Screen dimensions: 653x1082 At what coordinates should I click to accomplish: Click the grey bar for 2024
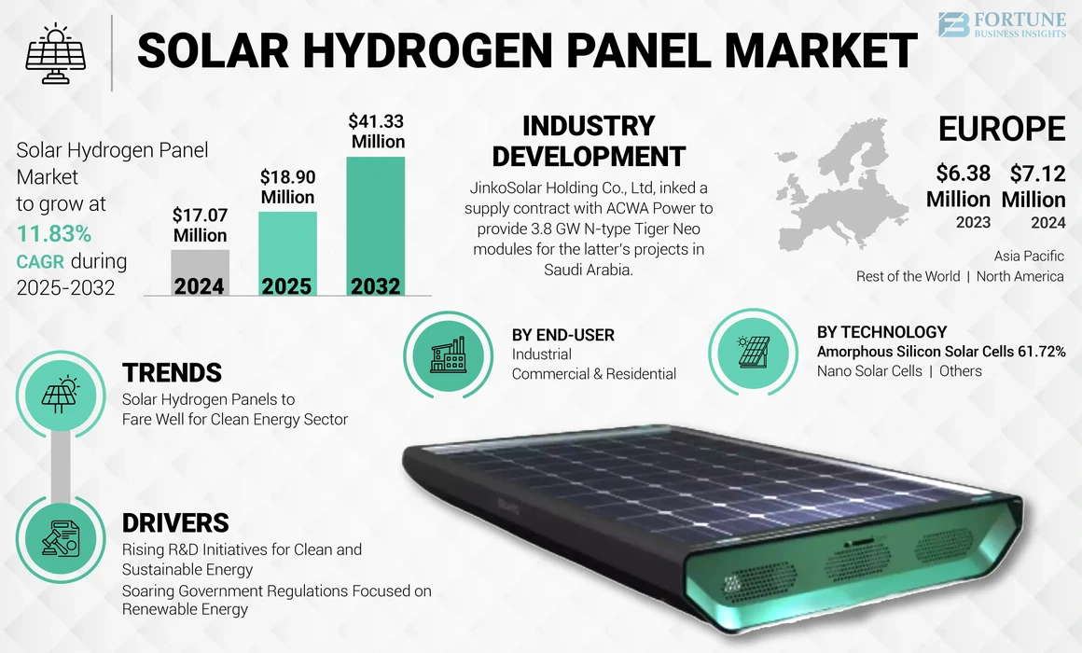tap(200, 272)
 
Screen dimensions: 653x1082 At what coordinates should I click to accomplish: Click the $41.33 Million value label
tap(377, 132)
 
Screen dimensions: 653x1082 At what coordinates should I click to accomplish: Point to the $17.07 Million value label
tap(200, 225)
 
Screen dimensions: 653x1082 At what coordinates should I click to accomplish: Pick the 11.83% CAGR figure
tap(53, 233)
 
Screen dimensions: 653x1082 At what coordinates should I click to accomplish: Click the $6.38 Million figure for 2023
tap(958, 186)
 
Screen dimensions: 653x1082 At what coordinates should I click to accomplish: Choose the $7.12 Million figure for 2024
tap(1033, 186)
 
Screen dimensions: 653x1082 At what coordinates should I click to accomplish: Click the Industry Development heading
tap(589, 141)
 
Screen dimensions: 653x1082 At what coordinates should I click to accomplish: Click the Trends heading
tap(172, 373)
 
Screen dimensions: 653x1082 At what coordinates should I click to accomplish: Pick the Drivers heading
tap(175, 522)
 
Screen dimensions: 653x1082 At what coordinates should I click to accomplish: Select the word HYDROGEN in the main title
tap(433, 51)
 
